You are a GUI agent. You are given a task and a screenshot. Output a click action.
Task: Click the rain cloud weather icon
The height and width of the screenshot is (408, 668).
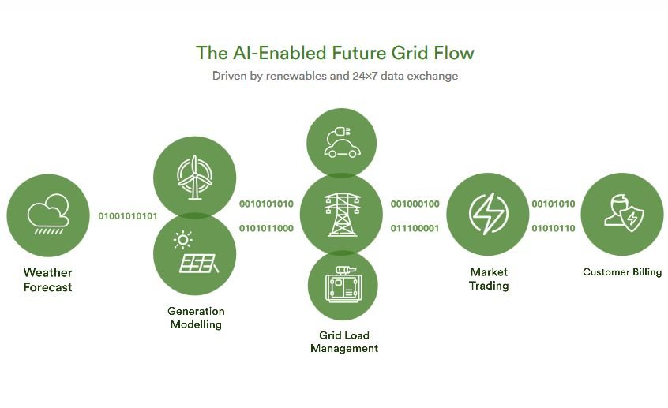tap(48, 214)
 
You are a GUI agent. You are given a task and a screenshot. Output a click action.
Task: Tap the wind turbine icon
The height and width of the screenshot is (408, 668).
tap(195, 178)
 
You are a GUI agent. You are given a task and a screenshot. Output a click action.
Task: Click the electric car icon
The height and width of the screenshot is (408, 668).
tap(342, 142)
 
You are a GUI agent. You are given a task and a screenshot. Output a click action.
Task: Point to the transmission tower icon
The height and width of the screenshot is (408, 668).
tap(342, 215)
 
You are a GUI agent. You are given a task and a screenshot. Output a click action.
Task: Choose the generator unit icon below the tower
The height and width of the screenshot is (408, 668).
tap(343, 284)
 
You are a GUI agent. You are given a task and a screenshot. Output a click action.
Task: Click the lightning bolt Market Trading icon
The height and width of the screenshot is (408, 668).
tap(488, 214)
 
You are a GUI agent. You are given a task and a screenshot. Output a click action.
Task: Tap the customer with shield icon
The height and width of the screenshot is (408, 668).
tap(624, 213)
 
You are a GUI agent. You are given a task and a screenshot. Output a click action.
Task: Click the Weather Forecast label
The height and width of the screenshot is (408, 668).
tap(47, 280)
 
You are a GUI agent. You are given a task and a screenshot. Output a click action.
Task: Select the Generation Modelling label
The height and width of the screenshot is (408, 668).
tap(196, 318)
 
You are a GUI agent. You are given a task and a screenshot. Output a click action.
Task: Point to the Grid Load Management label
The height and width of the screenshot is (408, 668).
tap(344, 342)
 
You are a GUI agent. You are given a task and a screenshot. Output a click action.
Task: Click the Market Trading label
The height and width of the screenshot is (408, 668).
tap(489, 279)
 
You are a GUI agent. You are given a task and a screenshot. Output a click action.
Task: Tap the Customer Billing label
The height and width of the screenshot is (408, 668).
tap(622, 272)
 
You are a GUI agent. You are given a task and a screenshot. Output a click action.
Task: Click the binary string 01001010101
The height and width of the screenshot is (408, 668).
tap(128, 216)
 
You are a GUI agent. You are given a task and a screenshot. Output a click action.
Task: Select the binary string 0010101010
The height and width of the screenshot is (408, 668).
tap(266, 204)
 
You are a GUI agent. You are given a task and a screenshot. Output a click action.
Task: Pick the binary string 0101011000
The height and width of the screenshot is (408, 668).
tap(266, 229)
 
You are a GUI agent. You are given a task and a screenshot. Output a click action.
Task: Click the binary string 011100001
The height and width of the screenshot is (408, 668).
tap(415, 229)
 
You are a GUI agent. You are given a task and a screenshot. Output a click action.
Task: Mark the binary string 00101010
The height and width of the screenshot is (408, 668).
tap(554, 204)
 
